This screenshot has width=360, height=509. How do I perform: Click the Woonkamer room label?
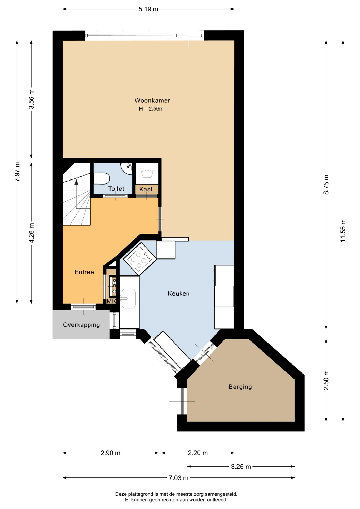(x=152, y=100)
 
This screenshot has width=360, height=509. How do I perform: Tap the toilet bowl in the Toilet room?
(x=102, y=178)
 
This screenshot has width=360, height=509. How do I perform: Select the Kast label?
(x=146, y=189)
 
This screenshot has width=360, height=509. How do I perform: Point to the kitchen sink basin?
(x=129, y=299)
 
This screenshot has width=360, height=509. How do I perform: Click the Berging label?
(x=240, y=387)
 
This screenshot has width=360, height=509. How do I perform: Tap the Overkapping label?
(x=81, y=325)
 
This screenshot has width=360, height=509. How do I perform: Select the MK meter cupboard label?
(x=111, y=301)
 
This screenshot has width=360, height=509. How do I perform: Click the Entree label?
(x=84, y=272)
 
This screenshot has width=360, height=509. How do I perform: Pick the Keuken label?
(x=178, y=293)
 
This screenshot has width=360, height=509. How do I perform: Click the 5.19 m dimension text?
(x=148, y=9)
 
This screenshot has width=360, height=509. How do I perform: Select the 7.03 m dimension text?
(x=178, y=478)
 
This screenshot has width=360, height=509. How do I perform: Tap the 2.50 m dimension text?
(x=326, y=380)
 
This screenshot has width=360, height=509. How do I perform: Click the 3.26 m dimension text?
(x=241, y=467)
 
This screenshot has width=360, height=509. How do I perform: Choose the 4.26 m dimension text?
(x=32, y=233)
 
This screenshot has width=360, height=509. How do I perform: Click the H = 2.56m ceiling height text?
(x=151, y=109)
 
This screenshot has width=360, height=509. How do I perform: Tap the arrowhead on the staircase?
(x=76, y=182)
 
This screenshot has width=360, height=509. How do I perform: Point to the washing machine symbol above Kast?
(x=147, y=174)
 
